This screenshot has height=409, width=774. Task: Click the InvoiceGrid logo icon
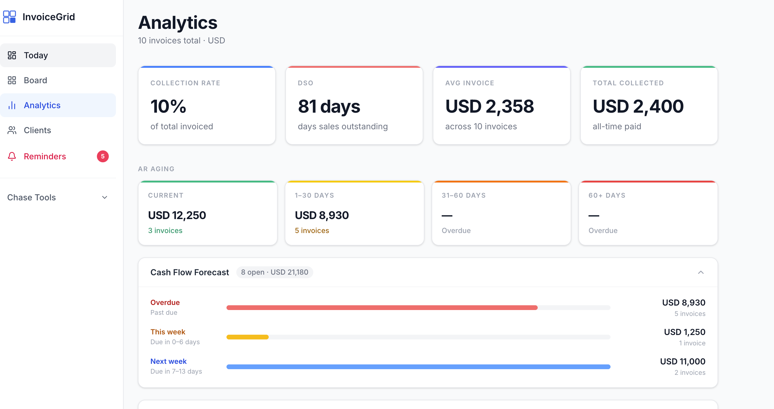point(9,17)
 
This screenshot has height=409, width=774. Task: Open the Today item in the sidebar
point(36,55)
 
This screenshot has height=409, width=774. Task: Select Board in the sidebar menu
point(35,80)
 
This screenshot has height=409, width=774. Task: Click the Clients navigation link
point(37,130)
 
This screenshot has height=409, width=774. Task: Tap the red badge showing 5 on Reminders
point(103,156)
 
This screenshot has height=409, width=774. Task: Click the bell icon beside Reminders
point(12,156)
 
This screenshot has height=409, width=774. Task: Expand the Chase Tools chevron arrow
point(105,197)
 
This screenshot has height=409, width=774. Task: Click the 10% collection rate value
point(168,106)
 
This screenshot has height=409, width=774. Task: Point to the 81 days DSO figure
point(329,106)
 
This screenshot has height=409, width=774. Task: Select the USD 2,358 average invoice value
point(490,106)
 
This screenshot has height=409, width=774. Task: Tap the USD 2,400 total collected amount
point(638,106)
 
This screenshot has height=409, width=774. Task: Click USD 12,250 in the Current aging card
point(177,215)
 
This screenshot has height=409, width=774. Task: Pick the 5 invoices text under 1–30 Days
point(312,230)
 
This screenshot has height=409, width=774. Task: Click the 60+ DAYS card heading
point(607,195)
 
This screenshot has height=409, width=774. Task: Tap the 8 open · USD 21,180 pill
point(274,272)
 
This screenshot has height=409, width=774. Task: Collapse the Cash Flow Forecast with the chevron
point(700,272)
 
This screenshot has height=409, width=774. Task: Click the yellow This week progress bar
point(247,337)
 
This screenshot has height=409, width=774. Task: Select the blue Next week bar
point(418,366)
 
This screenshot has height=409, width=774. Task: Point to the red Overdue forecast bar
point(382,308)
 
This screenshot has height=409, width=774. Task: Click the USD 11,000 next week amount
point(682,361)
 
